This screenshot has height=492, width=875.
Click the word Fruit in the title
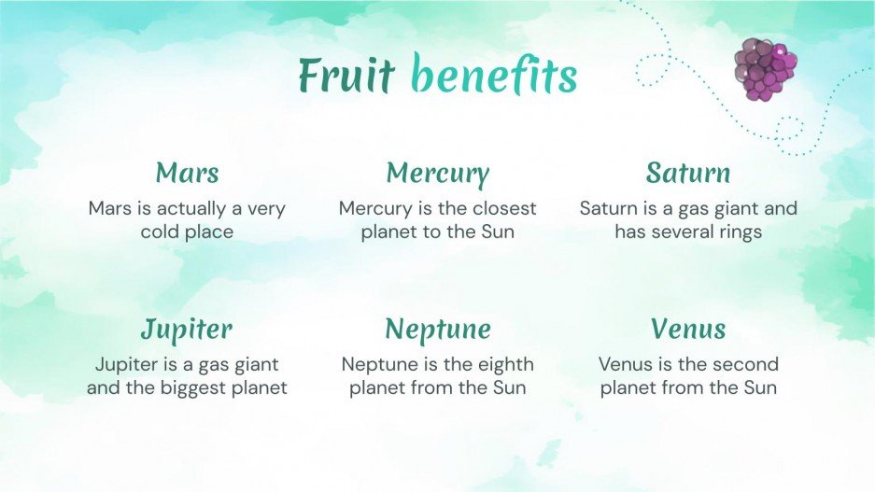[x=346, y=76]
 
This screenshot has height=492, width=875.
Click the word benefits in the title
[x=494, y=76]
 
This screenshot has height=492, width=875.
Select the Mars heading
[x=187, y=173]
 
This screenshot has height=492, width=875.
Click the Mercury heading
[x=437, y=174]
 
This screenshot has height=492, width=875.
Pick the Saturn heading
[x=687, y=173]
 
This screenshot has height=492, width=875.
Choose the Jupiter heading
[x=187, y=329]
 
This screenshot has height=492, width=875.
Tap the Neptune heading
[x=437, y=329]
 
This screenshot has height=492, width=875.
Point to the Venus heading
[x=687, y=329]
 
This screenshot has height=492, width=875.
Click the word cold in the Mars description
[x=162, y=232]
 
